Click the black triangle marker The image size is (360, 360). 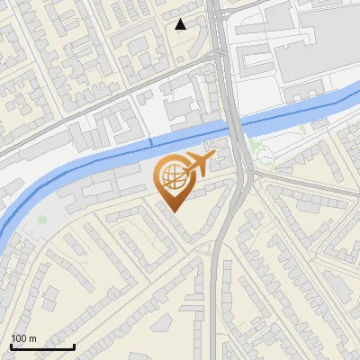tap(181, 24)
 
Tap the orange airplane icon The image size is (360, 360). tap(199, 163)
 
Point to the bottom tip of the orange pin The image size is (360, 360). tap(173, 211)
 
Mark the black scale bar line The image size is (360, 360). tap(42, 346)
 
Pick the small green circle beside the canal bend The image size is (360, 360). tap(42, 219)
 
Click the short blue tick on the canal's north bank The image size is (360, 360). tap(150, 141)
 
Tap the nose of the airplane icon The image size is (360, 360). tap(215, 156)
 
